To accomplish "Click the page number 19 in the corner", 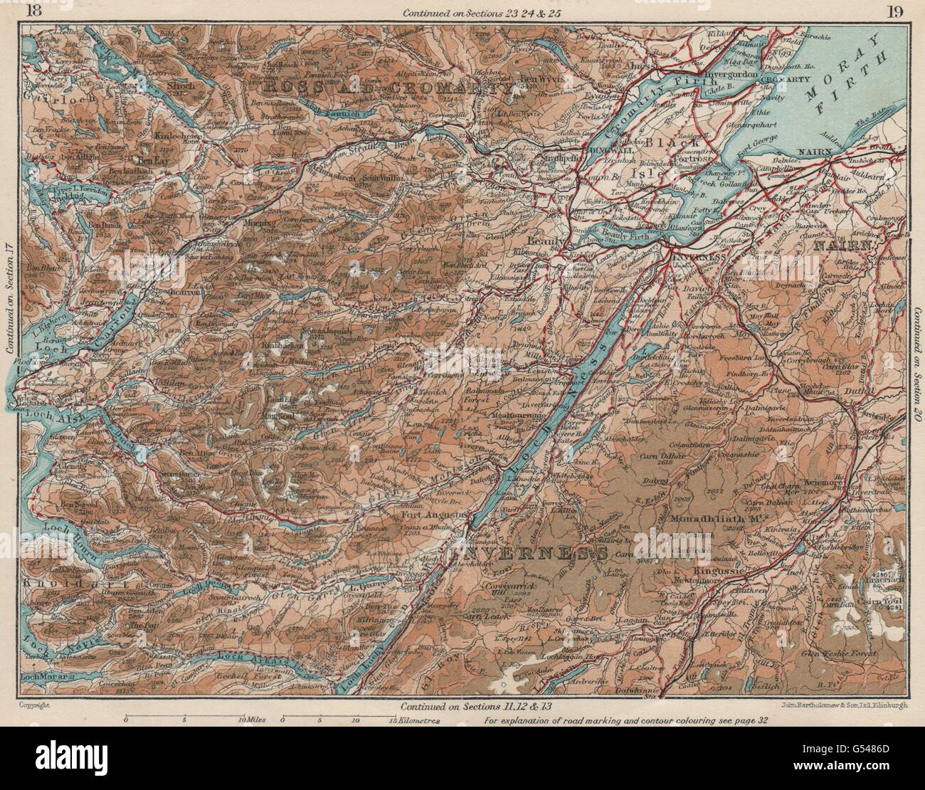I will pyautogui.click(x=896, y=11).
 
